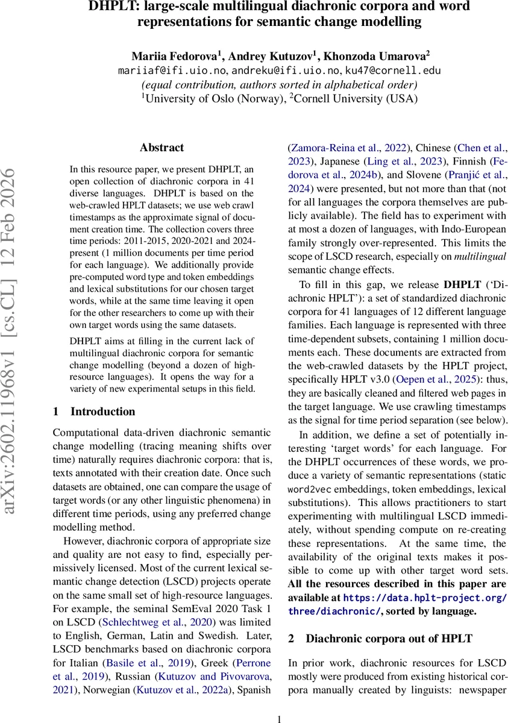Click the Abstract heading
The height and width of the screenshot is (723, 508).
coord(161,148)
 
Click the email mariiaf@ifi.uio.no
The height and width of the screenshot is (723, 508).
coord(172,70)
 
